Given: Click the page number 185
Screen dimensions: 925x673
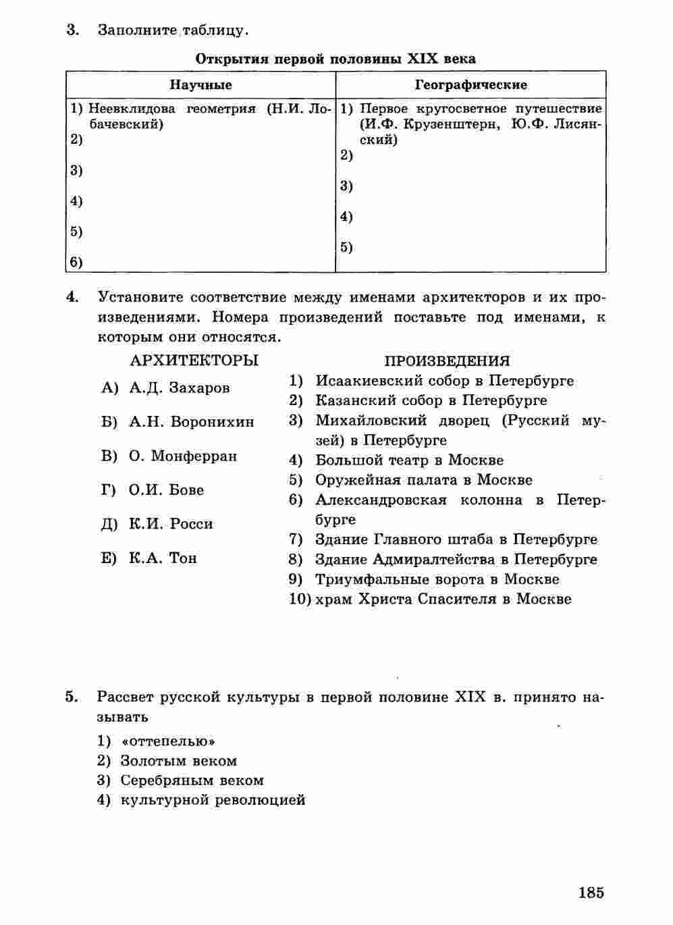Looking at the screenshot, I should tap(591, 892).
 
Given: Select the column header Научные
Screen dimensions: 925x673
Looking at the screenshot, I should tap(200, 85).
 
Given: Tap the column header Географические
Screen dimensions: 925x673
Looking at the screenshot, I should tap(470, 85).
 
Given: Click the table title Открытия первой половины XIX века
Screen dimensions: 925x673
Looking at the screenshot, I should tap(335, 59).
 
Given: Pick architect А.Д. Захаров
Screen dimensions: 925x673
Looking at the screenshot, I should tap(179, 388).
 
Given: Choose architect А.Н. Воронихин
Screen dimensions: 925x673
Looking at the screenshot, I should tap(191, 422).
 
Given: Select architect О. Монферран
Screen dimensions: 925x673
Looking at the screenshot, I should tap(182, 456).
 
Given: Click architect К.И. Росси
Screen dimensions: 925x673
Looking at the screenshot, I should tap(171, 524).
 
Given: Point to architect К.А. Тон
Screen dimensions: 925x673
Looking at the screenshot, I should tap(163, 558).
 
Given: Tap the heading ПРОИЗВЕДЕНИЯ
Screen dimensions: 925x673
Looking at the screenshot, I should tap(447, 361).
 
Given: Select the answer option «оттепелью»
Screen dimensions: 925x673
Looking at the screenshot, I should tap(167, 741).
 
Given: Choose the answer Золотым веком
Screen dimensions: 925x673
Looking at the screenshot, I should tap(178, 761).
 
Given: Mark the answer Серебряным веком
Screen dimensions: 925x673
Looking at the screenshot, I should tap(192, 781).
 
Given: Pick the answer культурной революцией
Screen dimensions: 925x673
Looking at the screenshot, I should tap(213, 800).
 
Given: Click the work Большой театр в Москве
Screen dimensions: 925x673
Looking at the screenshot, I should tap(409, 460).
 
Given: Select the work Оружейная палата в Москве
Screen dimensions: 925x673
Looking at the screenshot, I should tap(423, 480).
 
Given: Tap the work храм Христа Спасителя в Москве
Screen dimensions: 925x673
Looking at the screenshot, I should tap(443, 599).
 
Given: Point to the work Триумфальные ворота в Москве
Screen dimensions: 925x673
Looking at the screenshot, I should tap(437, 579).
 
